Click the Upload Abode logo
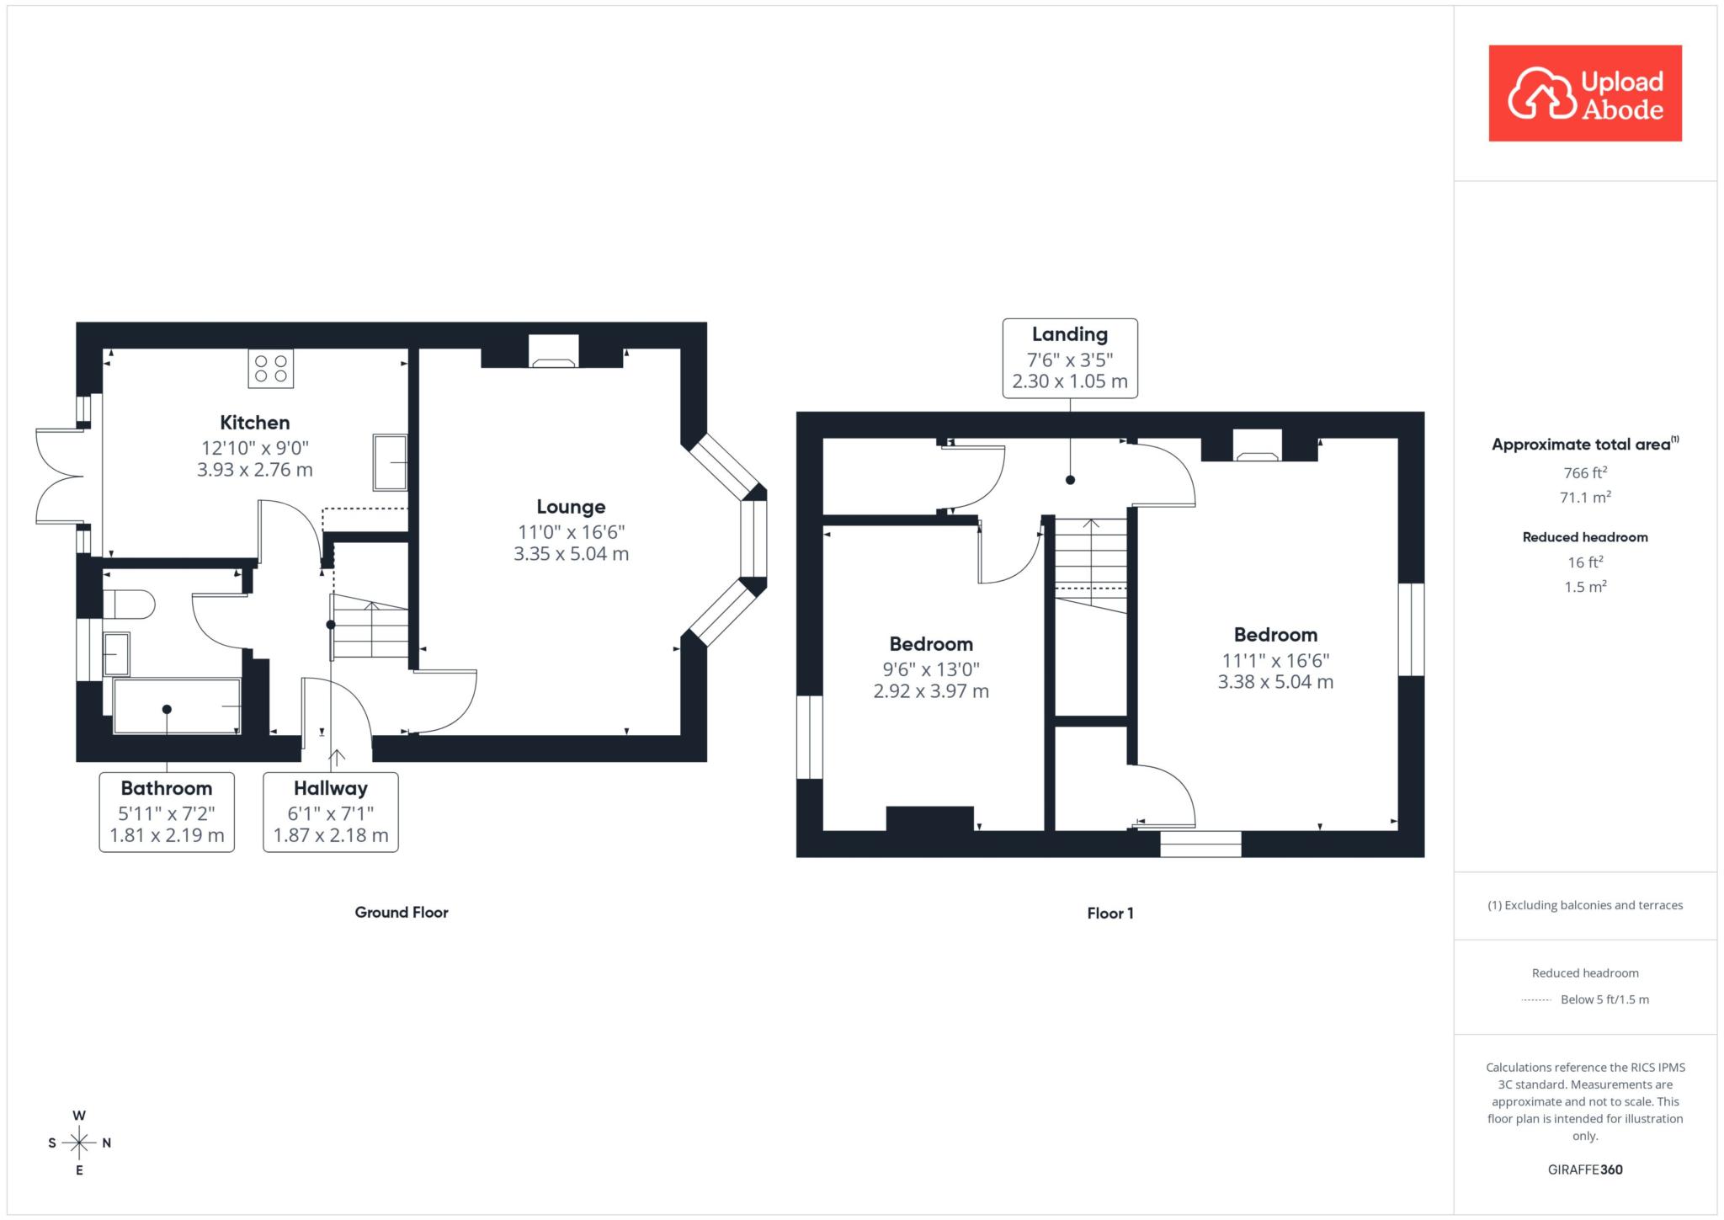pyautogui.click(x=1585, y=93)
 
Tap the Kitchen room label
pyautogui.click(x=255, y=423)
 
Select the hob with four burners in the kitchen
pyautogui.click(x=271, y=368)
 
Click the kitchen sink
pyautogui.click(x=390, y=462)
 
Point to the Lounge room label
pyautogui.click(x=572, y=507)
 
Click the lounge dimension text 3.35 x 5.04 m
pyautogui.click(x=572, y=554)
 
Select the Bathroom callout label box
pyautogui.click(x=167, y=812)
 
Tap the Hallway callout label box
pyautogui.click(x=331, y=812)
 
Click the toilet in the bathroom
pyautogui.click(x=129, y=605)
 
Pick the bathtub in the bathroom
pyautogui.click(x=177, y=706)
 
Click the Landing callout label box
pyautogui.click(x=1070, y=358)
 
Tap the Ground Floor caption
pyautogui.click(x=402, y=913)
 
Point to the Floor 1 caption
pyautogui.click(x=1110, y=914)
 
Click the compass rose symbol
pyautogui.click(x=79, y=1143)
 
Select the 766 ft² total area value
pyautogui.click(x=1585, y=472)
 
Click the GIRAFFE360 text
pyautogui.click(x=1585, y=1169)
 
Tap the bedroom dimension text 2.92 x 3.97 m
pyautogui.click(x=931, y=691)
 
